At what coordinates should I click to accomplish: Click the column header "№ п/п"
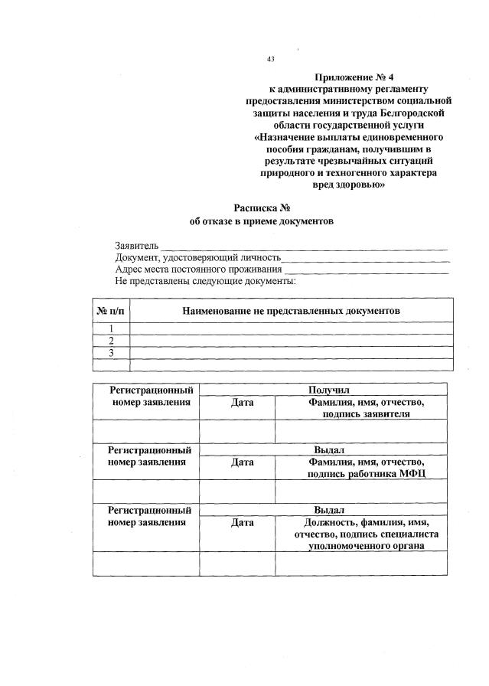coord(110,311)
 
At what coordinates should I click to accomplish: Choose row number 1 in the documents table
coord(111,328)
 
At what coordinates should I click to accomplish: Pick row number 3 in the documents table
coord(111,352)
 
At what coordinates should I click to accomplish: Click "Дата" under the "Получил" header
coord(241,402)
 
